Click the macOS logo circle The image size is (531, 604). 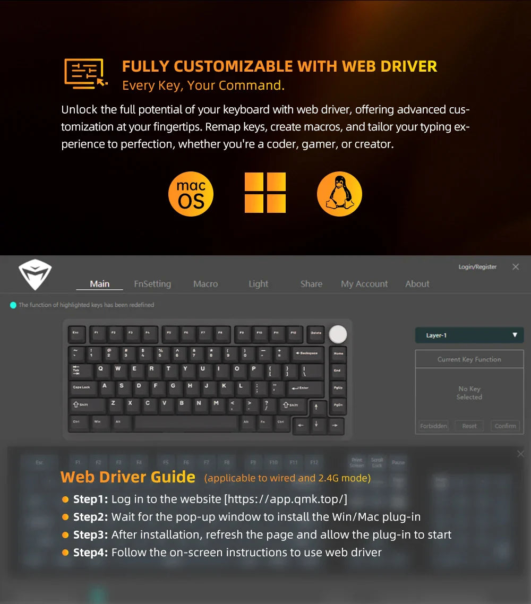coord(191,194)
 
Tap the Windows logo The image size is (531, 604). coord(265,193)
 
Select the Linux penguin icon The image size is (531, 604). coord(339,194)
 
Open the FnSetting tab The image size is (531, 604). coord(152,284)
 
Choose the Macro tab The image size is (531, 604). coord(205,284)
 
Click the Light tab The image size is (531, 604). coord(259,284)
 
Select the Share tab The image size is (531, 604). coord(311,284)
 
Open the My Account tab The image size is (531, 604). coord(364,284)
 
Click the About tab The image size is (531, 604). coord(417,284)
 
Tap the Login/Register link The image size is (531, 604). coord(477,267)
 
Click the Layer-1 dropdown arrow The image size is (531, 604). coord(515,335)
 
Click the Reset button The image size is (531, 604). coord(469,426)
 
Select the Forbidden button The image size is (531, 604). coord(433,426)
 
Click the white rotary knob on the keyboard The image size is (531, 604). coord(338,334)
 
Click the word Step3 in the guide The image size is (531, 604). coord(90,534)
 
